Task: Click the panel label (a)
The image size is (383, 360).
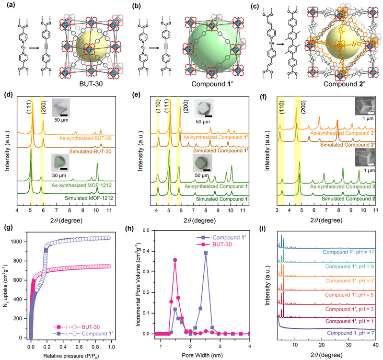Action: click(8, 6)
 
